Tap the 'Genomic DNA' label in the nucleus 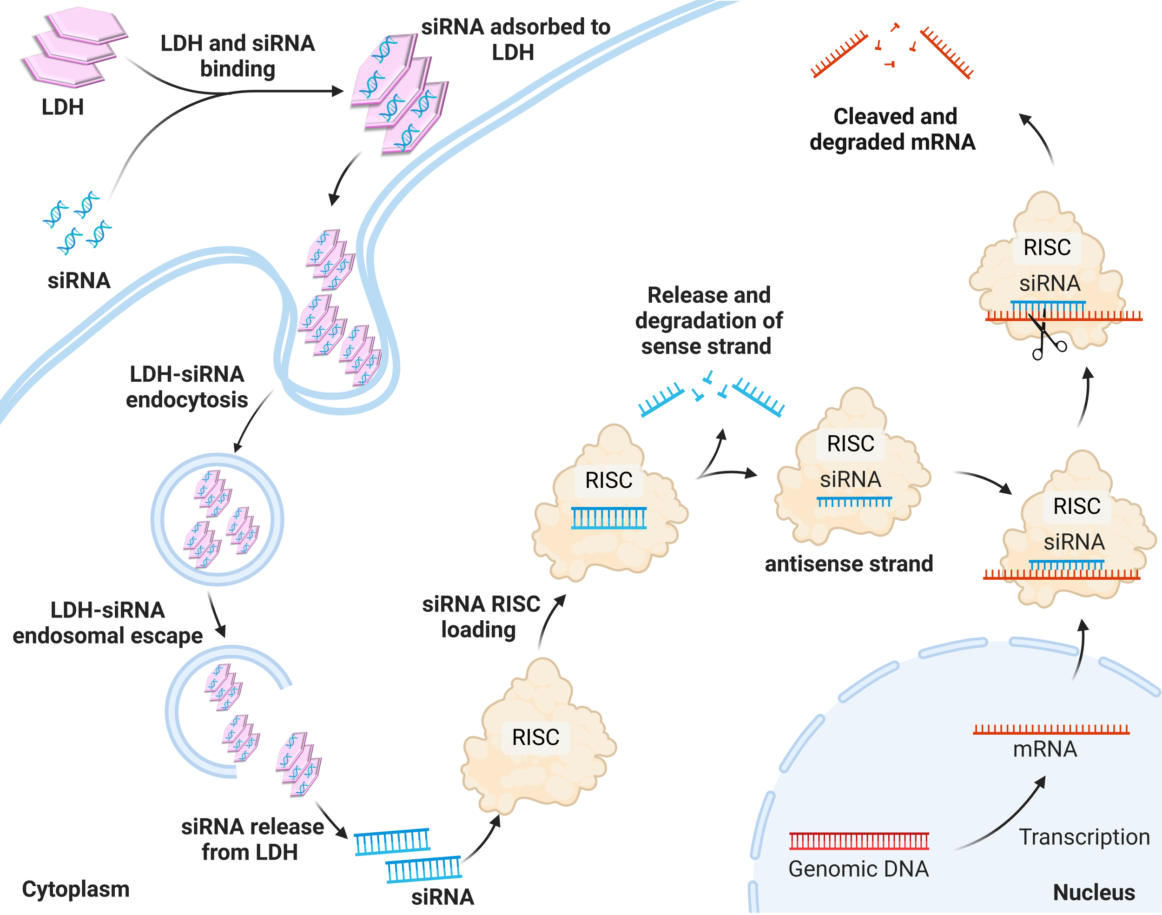pyautogui.click(x=858, y=869)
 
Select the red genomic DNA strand pyautogui.click(x=859, y=841)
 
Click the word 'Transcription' pyautogui.click(x=1084, y=837)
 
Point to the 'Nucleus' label pyautogui.click(x=1094, y=893)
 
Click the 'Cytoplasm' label pyautogui.click(x=75, y=889)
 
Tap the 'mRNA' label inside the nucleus pyautogui.click(x=1045, y=749)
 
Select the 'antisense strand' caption pyautogui.click(x=849, y=564)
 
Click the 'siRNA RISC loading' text pyautogui.click(x=480, y=617)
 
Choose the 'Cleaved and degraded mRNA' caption pyautogui.click(x=893, y=129)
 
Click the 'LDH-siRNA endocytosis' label pyautogui.click(x=187, y=387)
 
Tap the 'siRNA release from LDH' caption pyautogui.click(x=251, y=840)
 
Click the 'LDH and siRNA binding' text pyautogui.click(x=238, y=56)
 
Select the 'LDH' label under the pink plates pyautogui.click(x=63, y=107)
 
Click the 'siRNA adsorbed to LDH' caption pyautogui.click(x=515, y=40)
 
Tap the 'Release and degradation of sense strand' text pyautogui.click(x=708, y=321)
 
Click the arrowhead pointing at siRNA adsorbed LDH pyautogui.click(x=337, y=92)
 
